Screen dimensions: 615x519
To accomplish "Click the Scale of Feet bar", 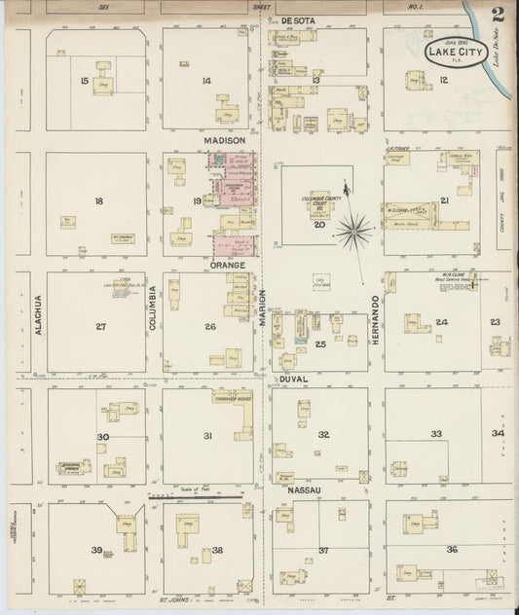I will click(x=196, y=495).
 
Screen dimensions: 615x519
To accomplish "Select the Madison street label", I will click(x=224, y=140).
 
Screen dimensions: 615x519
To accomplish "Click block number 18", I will click(x=99, y=201).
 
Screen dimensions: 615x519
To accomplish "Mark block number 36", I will click(x=451, y=550).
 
